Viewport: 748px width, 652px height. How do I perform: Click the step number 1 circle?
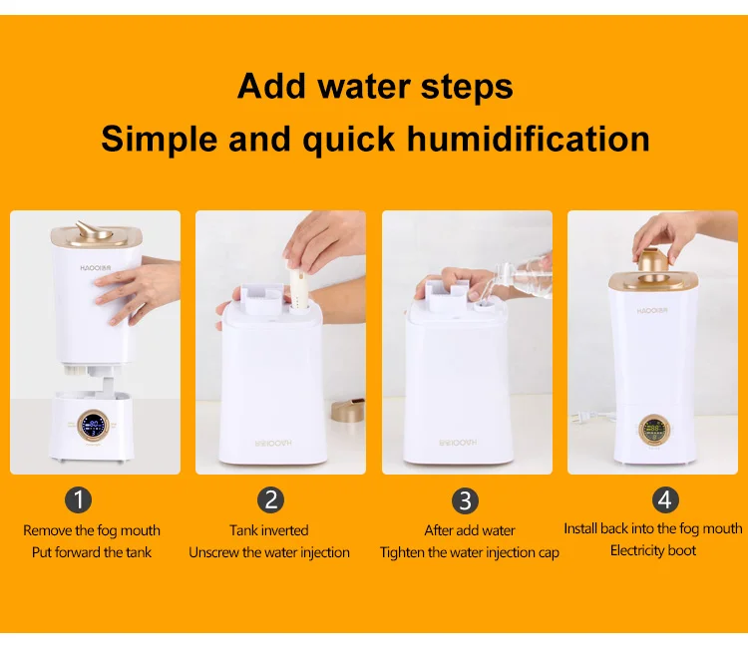78,499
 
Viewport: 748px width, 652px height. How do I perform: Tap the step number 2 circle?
270,499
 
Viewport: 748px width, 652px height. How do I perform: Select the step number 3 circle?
465,499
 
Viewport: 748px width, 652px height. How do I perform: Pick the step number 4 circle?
666,498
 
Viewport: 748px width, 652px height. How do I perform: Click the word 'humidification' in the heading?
528,138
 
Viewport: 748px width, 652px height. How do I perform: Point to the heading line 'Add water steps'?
375,86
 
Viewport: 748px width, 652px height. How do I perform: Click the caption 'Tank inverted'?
269,530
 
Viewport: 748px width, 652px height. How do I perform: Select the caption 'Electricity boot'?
653,550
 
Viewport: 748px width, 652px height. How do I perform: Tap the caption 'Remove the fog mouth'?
92,530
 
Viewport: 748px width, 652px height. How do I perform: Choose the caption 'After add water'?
469,530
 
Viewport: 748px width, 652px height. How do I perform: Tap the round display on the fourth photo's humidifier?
655,430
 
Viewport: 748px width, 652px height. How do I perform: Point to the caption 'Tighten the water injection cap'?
469,552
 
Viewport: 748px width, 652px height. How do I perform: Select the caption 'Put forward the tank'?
92,552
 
